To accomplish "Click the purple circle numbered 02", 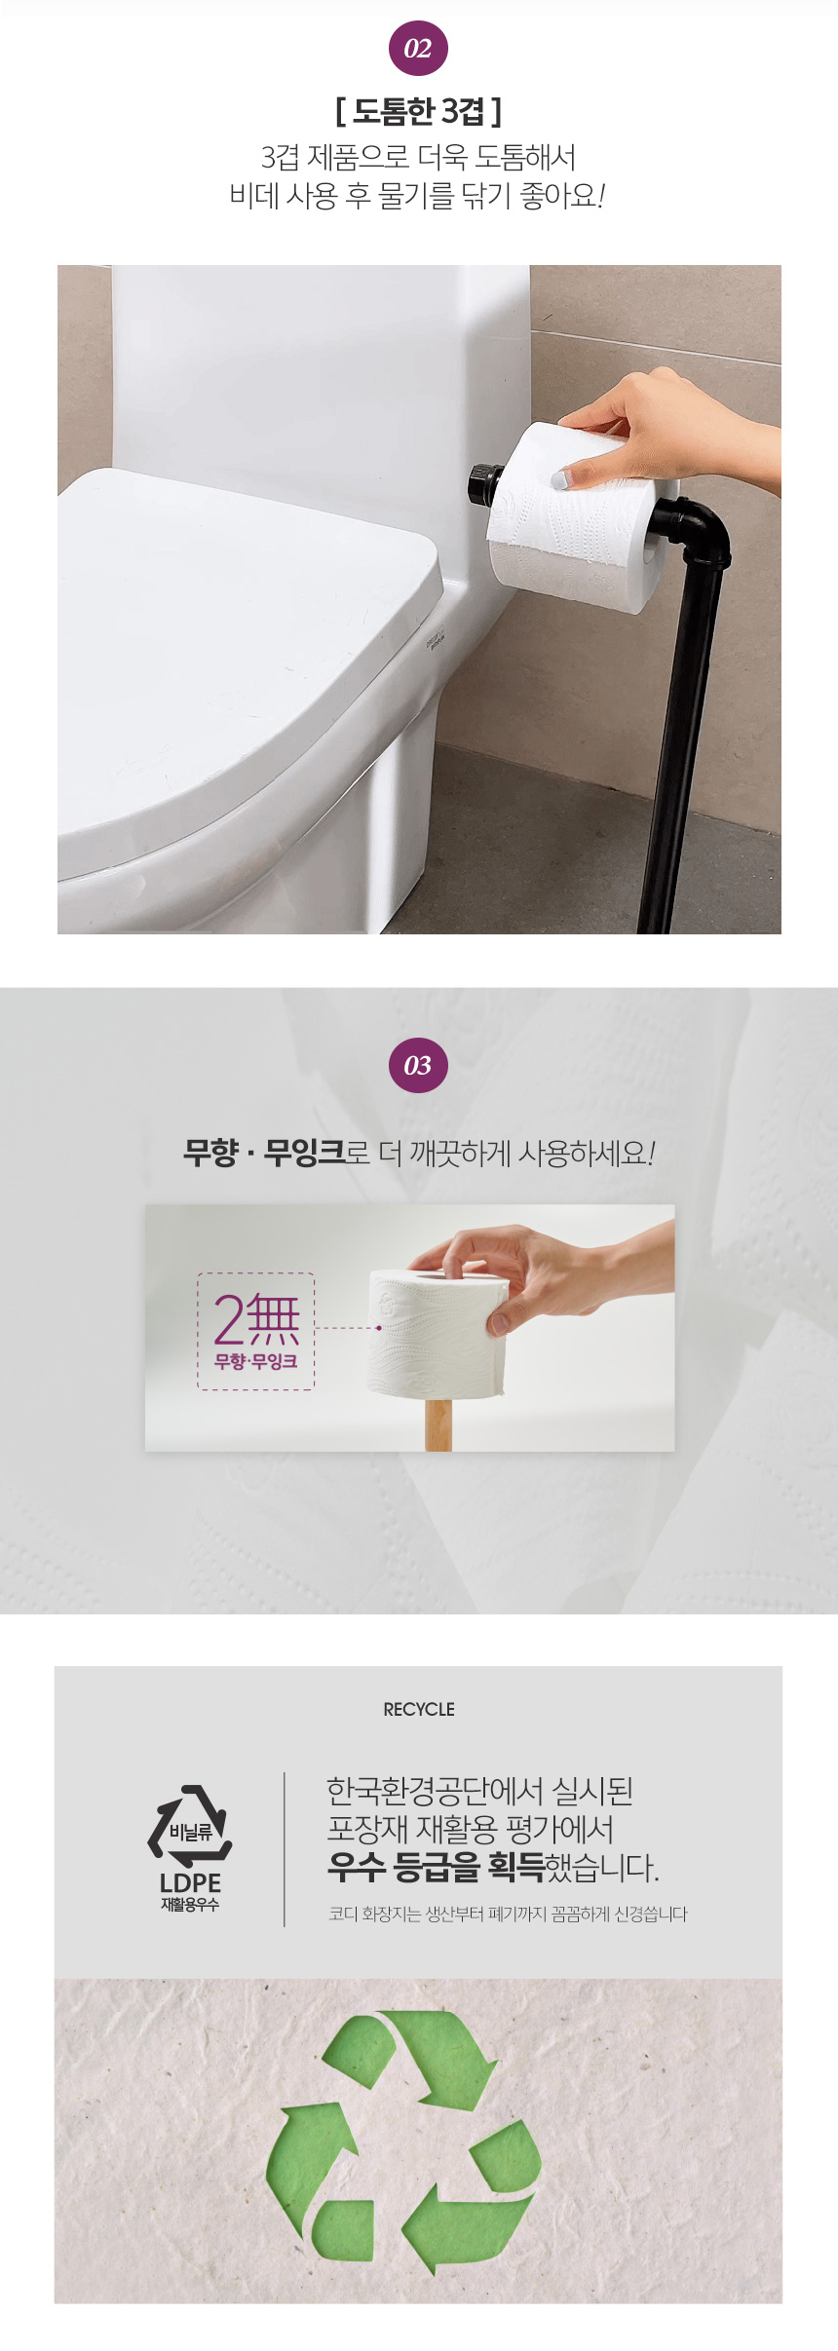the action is [418, 49].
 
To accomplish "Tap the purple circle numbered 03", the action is [418, 1066].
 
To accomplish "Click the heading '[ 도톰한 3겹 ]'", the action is [419, 112].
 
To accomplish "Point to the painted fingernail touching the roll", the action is [562, 477].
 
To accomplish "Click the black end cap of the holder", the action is [480, 484].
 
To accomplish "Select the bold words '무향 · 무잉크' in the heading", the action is [264, 1154].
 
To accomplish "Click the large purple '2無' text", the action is [256, 1319].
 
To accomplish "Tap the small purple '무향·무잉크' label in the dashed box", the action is [256, 1361].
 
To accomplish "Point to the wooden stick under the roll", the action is [438, 1423].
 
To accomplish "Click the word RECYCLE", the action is [419, 1709].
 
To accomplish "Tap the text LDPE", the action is [190, 1883].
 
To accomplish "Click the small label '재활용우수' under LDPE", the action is [190, 1905].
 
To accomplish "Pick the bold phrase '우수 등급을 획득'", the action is [436, 1867].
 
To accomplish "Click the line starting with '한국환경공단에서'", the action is [479, 1791].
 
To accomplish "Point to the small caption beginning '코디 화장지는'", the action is [508, 1915].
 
